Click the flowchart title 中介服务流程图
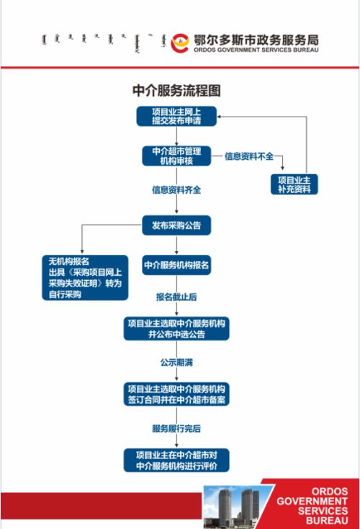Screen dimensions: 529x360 pos(176,91)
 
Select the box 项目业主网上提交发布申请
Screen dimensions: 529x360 pos(176,116)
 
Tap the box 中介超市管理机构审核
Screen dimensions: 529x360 pos(176,155)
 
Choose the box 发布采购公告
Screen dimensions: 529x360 pos(176,225)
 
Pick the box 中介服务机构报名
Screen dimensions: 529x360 pos(176,265)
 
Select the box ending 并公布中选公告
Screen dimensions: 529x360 pos(176,329)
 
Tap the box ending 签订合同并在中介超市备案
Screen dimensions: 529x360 pos(176,393)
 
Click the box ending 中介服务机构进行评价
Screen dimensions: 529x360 pos(176,460)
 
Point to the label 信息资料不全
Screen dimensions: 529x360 pos(249,155)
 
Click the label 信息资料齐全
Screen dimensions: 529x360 pos(176,191)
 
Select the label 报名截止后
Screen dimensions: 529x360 pos(176,297)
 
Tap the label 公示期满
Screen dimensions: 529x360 pos(176,361)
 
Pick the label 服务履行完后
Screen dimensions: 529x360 pos(176,428)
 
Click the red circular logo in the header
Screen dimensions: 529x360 pos(179,42)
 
